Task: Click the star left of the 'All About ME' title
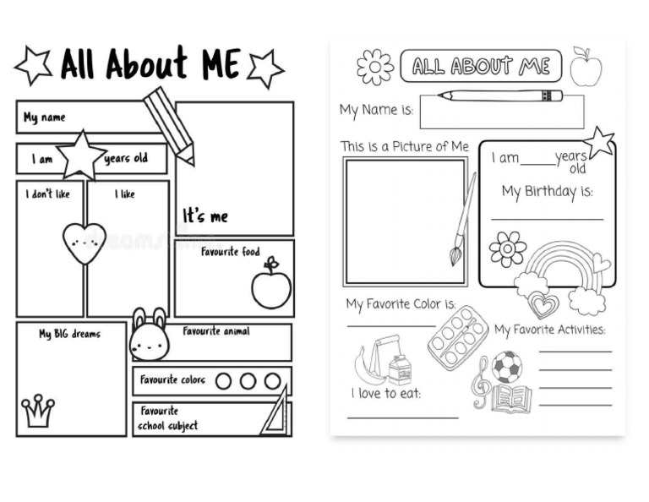[33, 66]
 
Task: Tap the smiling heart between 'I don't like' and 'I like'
[85, 243]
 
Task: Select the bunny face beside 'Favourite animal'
[149, 336]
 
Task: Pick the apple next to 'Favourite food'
[270, 286]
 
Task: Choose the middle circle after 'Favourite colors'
[248, 381]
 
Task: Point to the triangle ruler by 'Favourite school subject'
[275, 413]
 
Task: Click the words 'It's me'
[205, 216]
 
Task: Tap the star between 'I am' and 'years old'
[81, 156]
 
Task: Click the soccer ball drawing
[506, 367]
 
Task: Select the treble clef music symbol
[481, 381]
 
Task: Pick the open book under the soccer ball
[511, 398]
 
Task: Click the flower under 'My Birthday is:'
[507, 249]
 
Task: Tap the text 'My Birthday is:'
[548, 192]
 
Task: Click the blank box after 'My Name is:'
[501, 112]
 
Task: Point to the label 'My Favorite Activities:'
[550, 330]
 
